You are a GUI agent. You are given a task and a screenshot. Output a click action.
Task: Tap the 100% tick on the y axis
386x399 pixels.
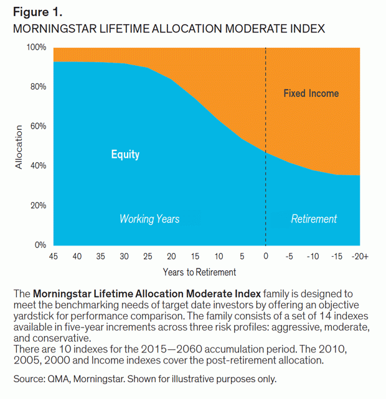[37, 47]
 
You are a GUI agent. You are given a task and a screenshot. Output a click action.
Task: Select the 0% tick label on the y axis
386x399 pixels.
[40, 245]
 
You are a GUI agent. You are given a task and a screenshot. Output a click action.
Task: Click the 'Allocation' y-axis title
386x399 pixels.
[19, 147]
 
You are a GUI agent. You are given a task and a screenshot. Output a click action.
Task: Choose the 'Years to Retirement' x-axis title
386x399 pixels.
[199, 272]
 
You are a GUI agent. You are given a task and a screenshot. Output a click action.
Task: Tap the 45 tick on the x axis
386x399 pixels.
[54, 257]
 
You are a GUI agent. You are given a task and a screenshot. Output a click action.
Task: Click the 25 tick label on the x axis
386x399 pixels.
[148, 257]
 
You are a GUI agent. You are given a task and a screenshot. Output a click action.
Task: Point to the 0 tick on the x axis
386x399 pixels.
[266, 257]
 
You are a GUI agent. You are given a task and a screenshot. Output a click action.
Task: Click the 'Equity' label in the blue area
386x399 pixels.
[125, 155]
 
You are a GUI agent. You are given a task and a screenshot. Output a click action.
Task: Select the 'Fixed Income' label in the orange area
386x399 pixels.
[311, 93]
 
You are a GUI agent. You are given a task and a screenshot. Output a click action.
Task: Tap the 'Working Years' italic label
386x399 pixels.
[149, 219]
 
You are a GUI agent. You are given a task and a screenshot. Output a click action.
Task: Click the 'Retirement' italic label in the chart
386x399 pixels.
[314, 219]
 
